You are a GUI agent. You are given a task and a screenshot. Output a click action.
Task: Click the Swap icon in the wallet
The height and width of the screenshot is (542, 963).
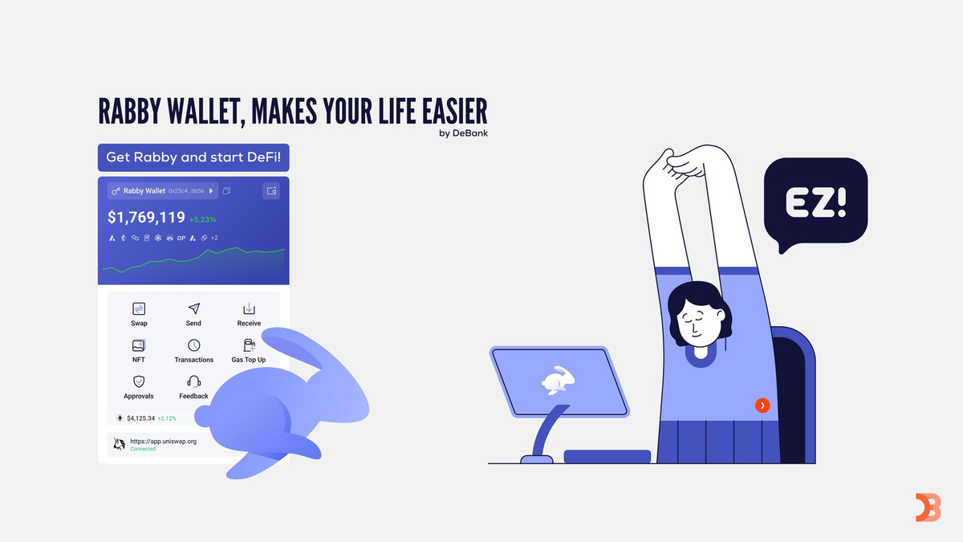(139, 309)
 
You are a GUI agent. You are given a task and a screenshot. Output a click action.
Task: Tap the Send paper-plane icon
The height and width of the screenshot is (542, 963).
(194, 308)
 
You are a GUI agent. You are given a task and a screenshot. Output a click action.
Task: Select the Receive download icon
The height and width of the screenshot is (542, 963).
(249, 308)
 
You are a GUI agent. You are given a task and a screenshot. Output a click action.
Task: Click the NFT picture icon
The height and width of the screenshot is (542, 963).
(138, 345)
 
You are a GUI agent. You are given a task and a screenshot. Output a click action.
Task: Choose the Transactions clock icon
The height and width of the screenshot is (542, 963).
(194, 345)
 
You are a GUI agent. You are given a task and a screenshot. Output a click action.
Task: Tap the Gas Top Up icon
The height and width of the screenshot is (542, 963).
(250, 345)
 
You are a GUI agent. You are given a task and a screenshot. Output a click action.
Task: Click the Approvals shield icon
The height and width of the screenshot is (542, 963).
(138, 381)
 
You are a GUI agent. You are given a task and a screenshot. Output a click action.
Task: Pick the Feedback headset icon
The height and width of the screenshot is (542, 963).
(194, 381)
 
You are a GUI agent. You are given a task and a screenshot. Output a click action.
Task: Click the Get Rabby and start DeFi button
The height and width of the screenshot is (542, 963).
(193, 157)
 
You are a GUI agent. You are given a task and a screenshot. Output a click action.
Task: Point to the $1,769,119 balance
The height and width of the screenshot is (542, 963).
(146, 218)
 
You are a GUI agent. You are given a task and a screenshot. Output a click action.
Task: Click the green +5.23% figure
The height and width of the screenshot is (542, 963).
(202, 219)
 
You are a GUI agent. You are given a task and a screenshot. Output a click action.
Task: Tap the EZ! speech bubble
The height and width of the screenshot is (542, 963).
(815, 202)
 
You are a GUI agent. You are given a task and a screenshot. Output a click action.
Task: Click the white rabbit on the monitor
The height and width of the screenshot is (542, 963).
(558, 381)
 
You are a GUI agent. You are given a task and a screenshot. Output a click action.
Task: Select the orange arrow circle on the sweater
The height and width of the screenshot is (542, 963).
(762, 405)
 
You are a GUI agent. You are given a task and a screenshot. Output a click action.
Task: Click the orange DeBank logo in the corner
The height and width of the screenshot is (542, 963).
(928, 507)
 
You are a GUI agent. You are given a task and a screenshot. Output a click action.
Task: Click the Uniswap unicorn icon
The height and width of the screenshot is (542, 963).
(119, 444)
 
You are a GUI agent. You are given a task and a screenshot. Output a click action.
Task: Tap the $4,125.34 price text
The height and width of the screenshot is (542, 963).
(140, 418)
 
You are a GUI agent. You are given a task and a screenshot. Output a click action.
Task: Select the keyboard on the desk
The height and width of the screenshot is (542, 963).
(607, 456)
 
